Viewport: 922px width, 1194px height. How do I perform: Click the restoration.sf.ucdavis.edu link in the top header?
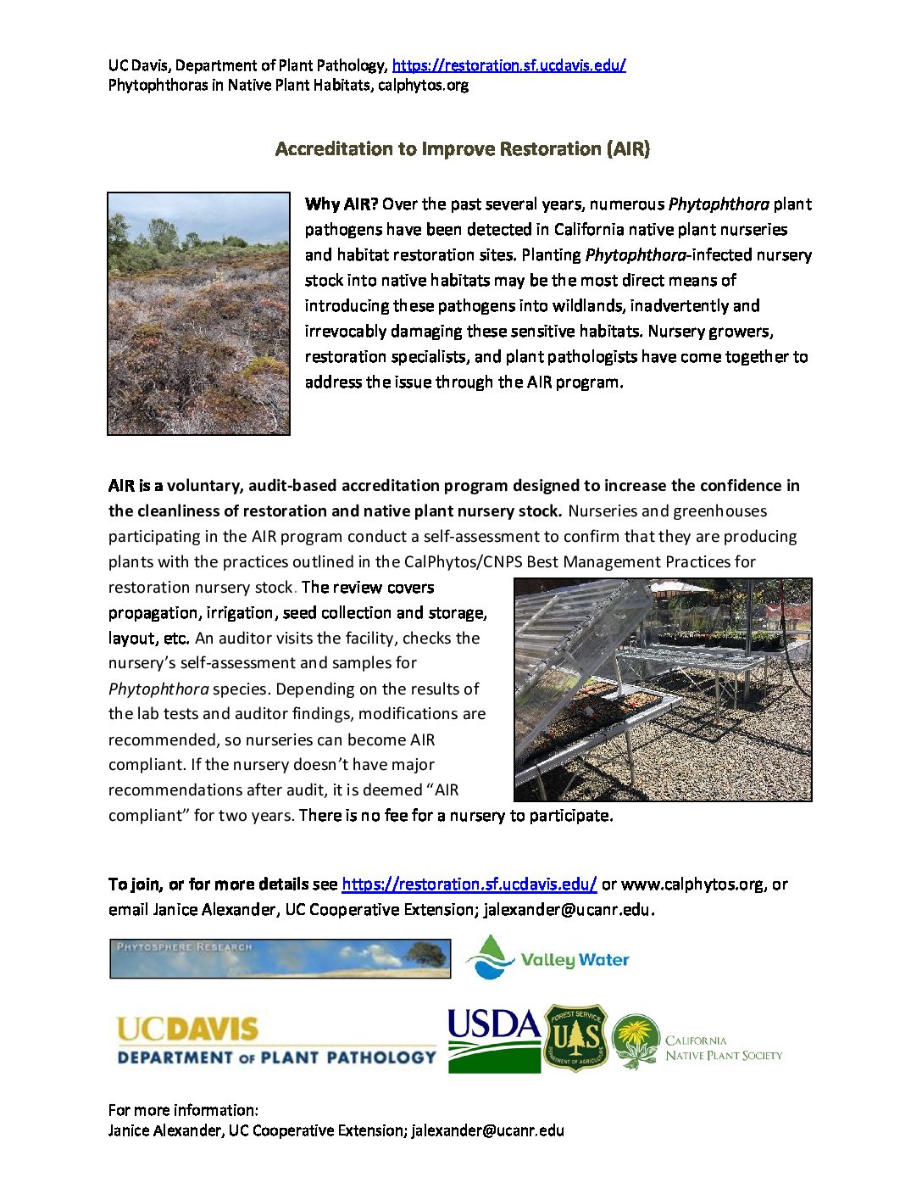[x=508, y=65]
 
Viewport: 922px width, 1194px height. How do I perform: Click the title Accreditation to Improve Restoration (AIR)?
[x=463, y=149]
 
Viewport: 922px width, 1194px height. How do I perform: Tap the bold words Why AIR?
[x=342, y=204]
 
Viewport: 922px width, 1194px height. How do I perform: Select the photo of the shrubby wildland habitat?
[x=199, y=314]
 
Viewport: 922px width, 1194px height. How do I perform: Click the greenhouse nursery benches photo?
[x=663, y=689]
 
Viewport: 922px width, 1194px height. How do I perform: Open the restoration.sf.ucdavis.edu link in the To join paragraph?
[x=469, y=884]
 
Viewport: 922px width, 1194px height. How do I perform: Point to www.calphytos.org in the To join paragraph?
[x=692, y=884]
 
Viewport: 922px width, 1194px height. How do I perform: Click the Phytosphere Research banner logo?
[x=280, y=958]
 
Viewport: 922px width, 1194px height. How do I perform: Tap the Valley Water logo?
[x=548, y=957]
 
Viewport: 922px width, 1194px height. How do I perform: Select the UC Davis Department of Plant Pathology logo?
[x=275, y=1041]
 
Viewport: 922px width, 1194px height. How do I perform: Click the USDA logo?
[x=494, y=1040]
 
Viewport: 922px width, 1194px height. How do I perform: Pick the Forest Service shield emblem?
[x=575, y=1039]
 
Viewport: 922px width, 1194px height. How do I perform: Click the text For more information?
[x=184, y=1110]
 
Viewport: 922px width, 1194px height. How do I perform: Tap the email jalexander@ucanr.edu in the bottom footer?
[x=488, y=1130]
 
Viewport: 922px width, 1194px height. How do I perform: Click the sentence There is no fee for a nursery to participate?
[x=456, y=816]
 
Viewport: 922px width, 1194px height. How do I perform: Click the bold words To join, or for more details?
[x=208, y=884]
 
